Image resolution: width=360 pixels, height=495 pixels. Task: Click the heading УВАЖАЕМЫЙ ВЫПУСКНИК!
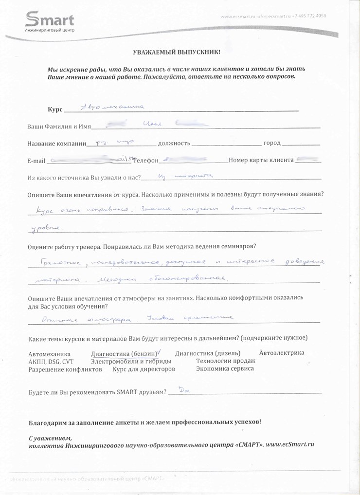coord(177,52)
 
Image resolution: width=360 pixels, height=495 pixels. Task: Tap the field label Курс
coord(55,110)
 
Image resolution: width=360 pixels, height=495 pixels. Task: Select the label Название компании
coord(56,144)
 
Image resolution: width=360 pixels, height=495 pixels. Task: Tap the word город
coord(272,144)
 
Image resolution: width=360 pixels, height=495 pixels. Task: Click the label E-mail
coord(36,161)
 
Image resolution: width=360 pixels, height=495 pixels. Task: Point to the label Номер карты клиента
coord(261,160)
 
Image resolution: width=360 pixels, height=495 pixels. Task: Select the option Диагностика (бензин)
coord(124,354)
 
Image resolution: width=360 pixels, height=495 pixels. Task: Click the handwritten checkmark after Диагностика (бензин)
coord(160,352)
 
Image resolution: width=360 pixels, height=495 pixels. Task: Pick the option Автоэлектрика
coord(282,353)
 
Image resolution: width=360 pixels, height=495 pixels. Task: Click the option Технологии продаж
coord(225,361)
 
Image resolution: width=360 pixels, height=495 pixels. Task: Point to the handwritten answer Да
coord(184,389)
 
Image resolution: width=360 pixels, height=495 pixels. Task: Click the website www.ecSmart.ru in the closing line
coord(289,444)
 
